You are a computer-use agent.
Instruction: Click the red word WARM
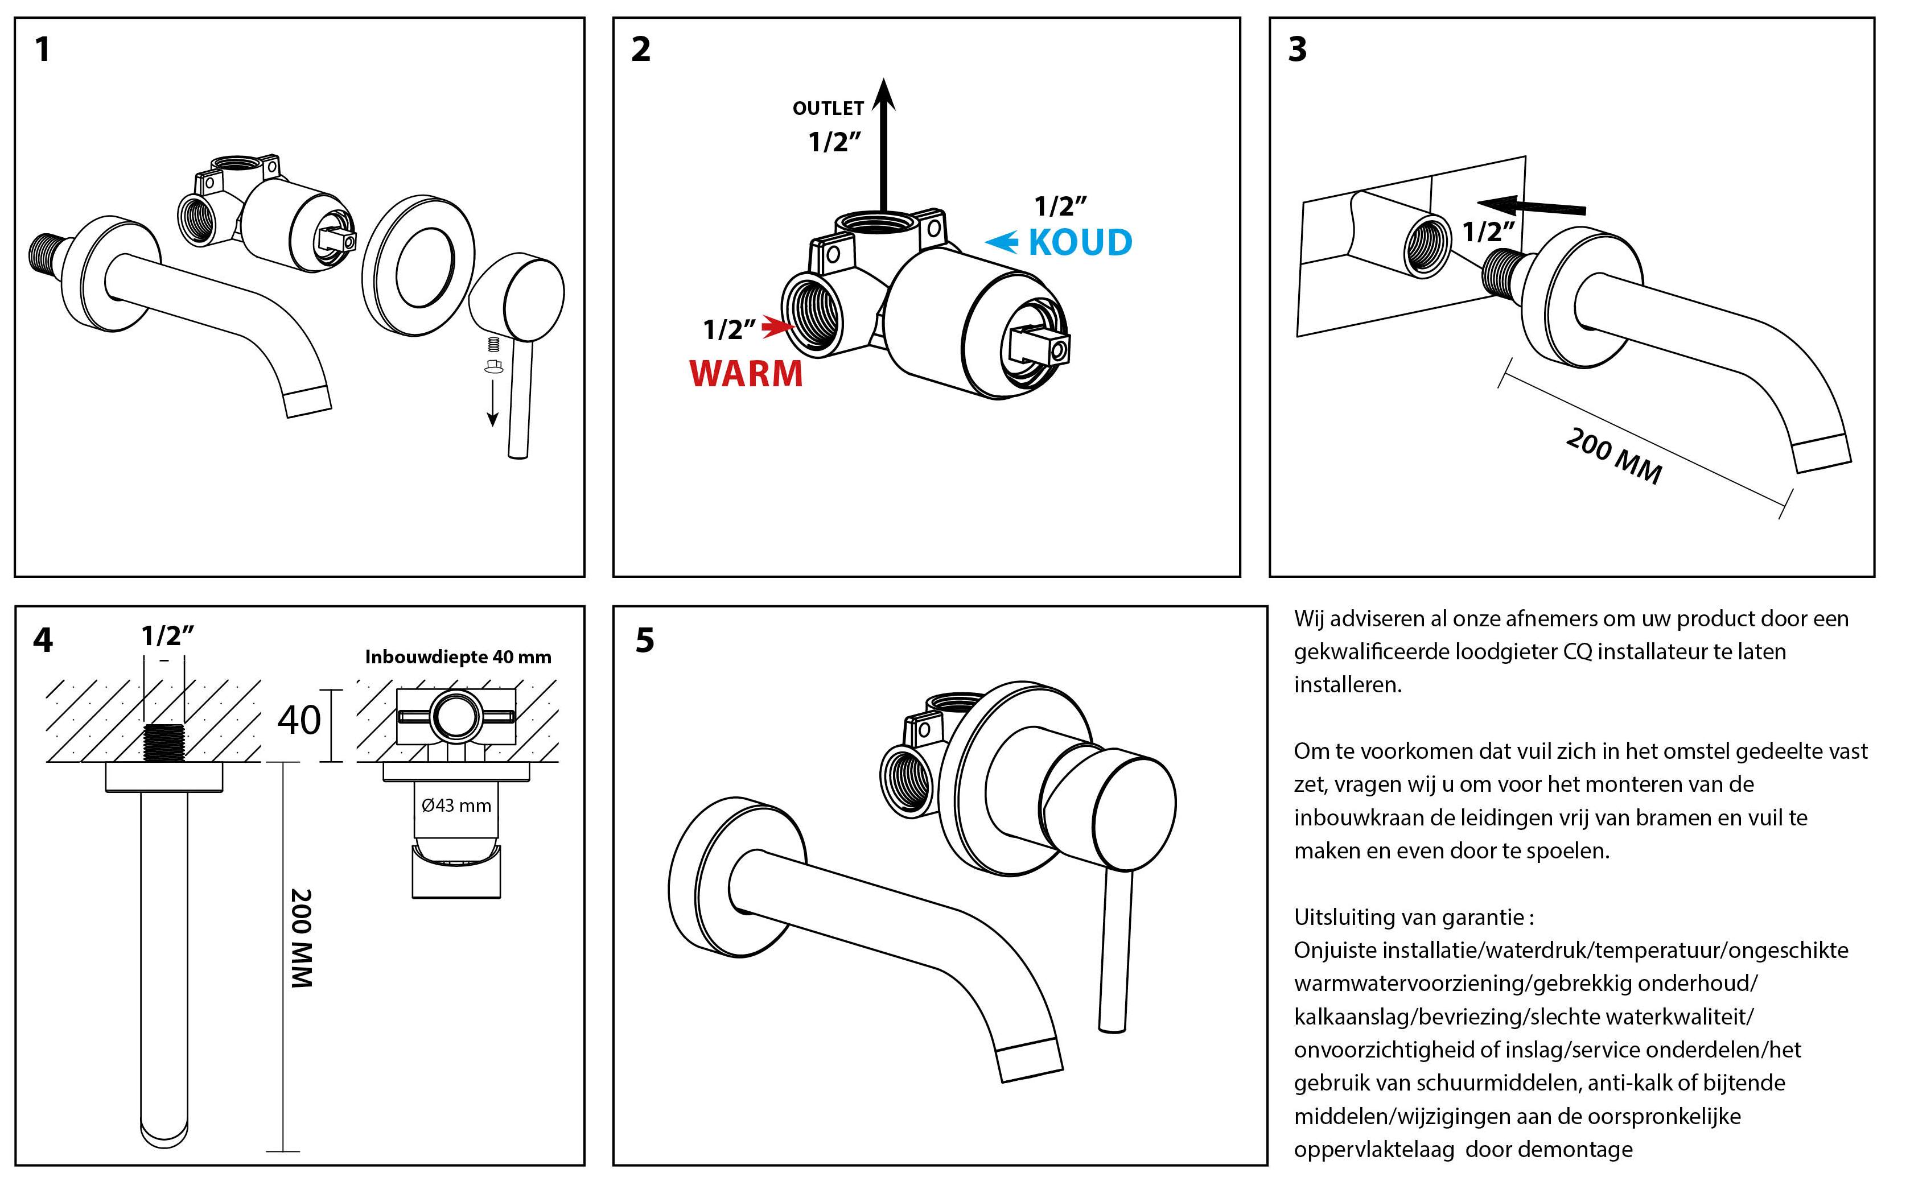(746, 373)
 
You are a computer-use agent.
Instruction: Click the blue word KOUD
(1080, 243)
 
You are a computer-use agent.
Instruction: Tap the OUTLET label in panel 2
(828, 109)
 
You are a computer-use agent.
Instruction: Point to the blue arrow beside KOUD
(1003, 242)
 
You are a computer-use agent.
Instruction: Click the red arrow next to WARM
(777, 326)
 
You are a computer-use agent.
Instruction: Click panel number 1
(43, 49)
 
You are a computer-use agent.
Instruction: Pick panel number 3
(1297, 49)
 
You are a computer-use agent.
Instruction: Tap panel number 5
(645, 640)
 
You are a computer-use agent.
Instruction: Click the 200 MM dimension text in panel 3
(1613, 456)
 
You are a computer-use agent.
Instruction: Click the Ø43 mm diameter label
(456, 806)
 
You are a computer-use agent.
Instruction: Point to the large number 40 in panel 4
(299, 720)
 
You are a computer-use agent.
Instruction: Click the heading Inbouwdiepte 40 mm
(458, 656)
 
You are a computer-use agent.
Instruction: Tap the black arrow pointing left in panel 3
(1531, 206)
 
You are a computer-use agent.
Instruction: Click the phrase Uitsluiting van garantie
(1409, 918)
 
